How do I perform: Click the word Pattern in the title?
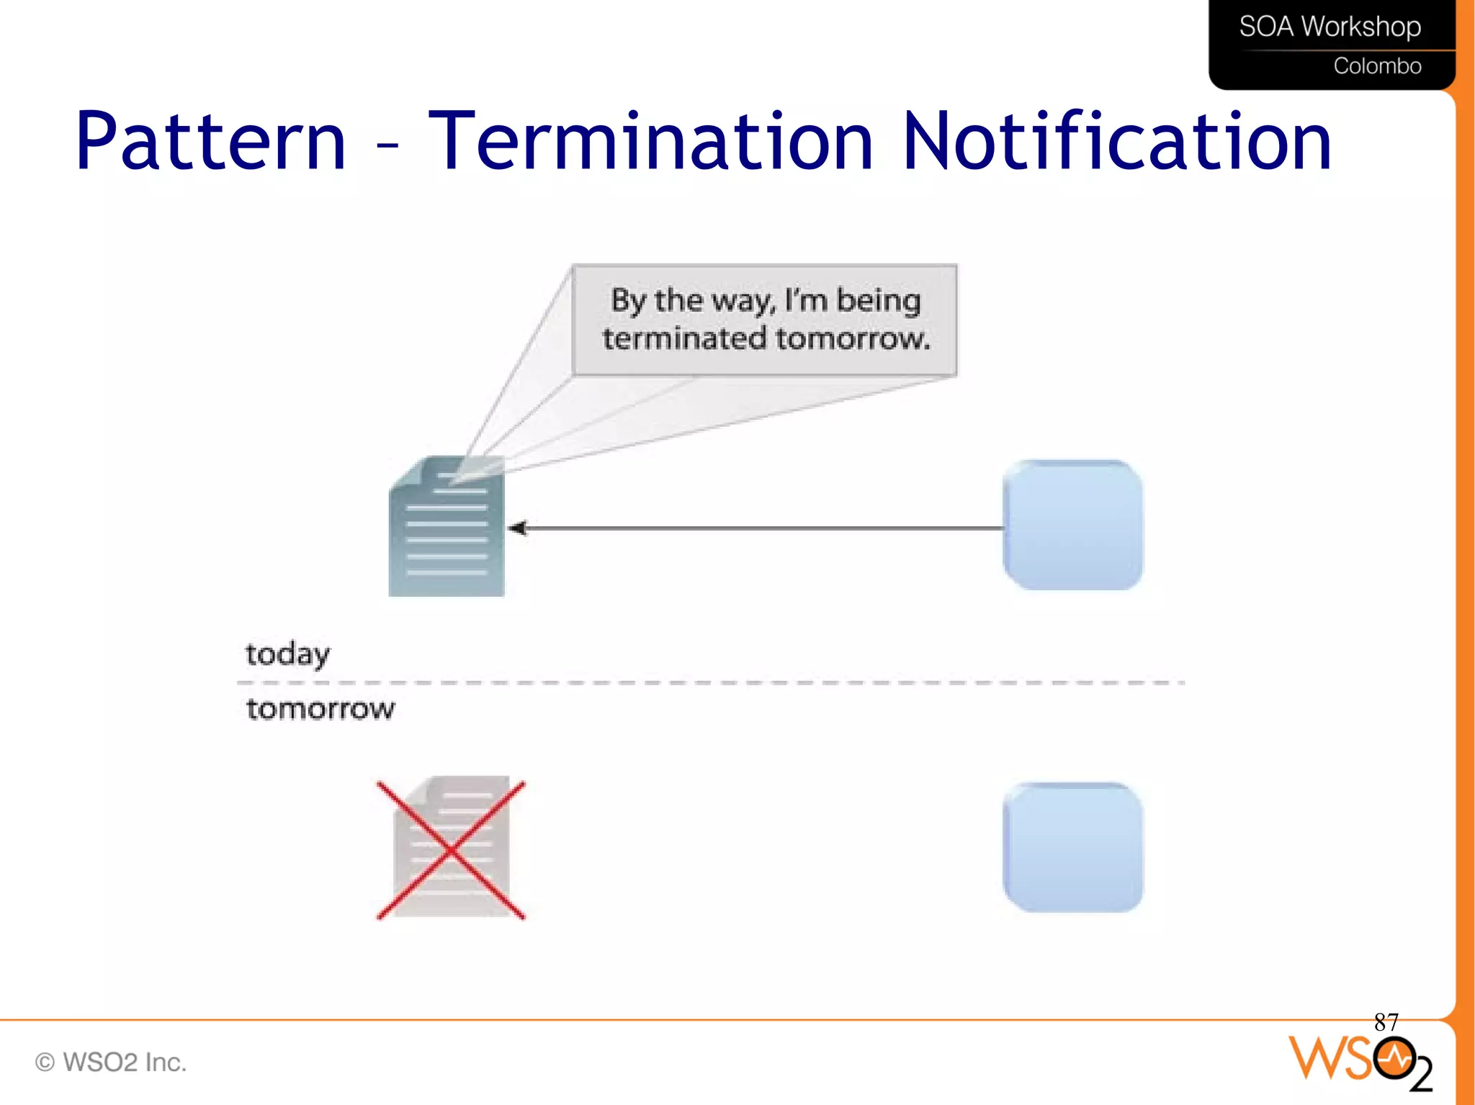point(210,142)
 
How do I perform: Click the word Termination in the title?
point(650,142)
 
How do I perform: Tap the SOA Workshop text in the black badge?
point(1330,27)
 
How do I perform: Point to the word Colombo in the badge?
point(1376,66)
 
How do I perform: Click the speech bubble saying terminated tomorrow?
point(765,320)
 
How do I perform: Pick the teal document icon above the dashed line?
point(447,527)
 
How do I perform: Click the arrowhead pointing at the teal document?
point(517,528)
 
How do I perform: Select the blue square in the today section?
point(1072,525)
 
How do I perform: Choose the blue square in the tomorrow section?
point(1072,847)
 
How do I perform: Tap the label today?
point(287,654)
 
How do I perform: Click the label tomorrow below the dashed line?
point(320,709)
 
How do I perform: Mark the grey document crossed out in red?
point(452,847)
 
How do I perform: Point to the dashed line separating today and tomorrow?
point(709,682)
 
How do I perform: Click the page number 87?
point(1386,1022)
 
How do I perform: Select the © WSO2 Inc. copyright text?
point(111,1063)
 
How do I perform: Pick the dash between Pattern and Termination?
point(387,145)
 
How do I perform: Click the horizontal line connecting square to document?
point(763,528)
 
